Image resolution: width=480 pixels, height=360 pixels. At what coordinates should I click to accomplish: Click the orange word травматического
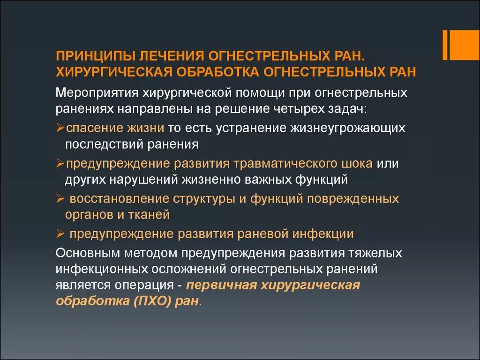coord(285,163)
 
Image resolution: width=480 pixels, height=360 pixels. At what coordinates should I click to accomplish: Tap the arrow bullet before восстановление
coord(60,198)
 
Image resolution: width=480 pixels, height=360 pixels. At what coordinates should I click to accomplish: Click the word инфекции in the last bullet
coord(323,233)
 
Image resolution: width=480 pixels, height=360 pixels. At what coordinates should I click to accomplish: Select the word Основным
coord(88,253)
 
